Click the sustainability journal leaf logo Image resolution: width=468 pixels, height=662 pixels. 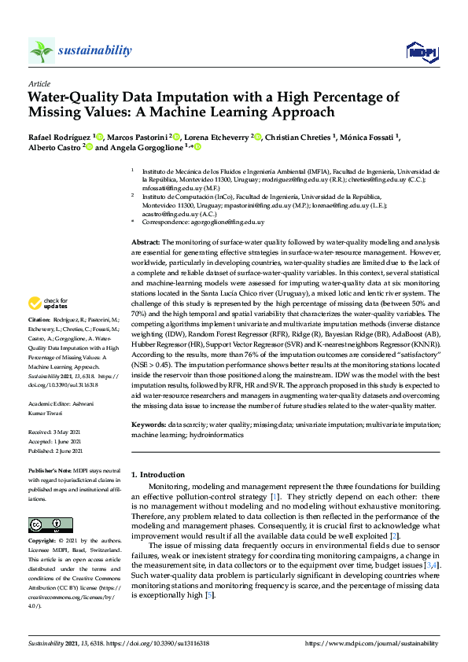(41, 51)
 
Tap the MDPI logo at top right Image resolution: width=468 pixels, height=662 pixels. (420, 52)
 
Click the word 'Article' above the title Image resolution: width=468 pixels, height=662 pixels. (39, 83)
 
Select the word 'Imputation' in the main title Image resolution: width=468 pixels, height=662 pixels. (208, 97)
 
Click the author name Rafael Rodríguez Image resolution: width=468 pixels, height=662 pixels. (60, 137)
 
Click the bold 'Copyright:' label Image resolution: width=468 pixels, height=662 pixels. (42, 542)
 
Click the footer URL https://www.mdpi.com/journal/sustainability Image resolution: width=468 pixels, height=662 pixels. (371, 643)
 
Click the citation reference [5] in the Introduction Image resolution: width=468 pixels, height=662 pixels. (210, 595)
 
